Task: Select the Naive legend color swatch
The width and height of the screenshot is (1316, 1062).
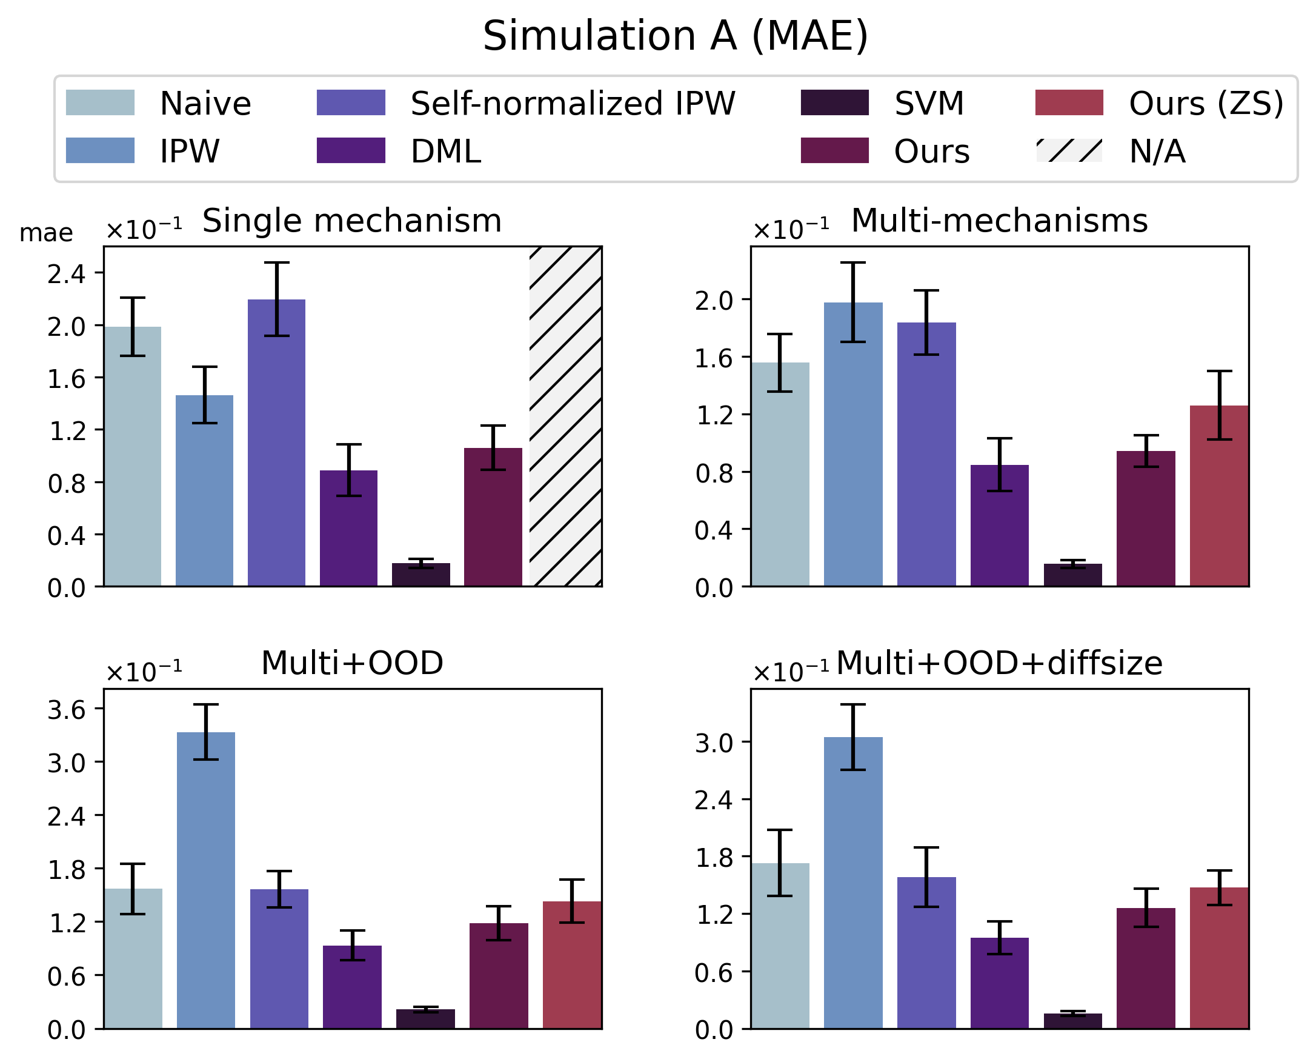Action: [100, 103]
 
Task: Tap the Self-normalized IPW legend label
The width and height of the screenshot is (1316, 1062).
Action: [573, 103]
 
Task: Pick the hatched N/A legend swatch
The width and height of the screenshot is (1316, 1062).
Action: [1068, 150]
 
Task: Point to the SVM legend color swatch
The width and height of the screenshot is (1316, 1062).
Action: [834, 103]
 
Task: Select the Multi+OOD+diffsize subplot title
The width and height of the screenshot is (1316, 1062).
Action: [999, 663]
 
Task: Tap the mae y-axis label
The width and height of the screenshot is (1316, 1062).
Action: [46, 233]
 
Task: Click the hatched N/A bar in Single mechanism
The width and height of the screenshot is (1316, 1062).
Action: [565, 416]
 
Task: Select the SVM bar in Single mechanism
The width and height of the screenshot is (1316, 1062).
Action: [420, 575]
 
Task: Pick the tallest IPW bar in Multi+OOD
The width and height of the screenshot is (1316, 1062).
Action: [205, 880]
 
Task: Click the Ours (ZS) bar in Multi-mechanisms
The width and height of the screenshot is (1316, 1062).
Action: [1219, 495]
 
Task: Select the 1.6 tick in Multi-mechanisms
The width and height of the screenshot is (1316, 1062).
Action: [713, 358]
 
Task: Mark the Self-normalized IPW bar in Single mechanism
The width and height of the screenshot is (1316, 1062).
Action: [276, 443]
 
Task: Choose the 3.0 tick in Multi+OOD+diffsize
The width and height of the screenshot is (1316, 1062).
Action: [713, 743]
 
